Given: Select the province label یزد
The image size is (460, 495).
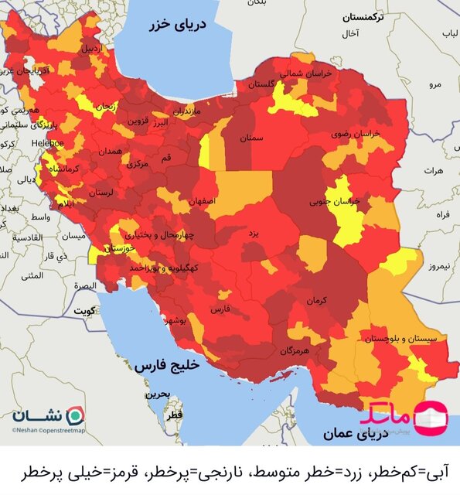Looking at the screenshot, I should coord(253,232).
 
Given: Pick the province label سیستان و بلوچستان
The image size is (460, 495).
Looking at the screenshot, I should coord(404,339).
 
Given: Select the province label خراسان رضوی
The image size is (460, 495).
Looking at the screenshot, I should coord(356,134).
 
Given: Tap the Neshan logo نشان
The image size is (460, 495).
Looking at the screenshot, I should coord(46,415).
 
